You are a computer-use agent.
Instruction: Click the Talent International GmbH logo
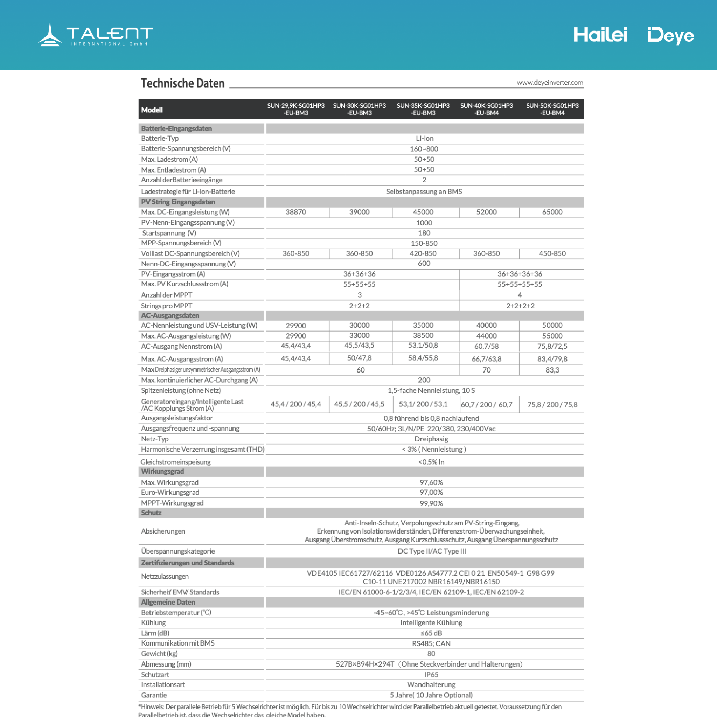(95, 35)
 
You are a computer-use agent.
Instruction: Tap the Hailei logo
(600, 35)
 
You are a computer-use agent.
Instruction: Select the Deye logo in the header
(670, 36)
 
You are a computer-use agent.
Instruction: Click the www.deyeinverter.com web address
(550, 82)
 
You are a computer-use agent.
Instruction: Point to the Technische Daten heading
(183, 83)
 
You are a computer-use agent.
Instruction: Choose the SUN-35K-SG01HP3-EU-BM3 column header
(423, 109)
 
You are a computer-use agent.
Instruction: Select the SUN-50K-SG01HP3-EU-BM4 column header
(552, 109)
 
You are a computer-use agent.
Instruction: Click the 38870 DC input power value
(296, 212)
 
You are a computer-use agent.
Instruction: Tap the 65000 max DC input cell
(552, 212)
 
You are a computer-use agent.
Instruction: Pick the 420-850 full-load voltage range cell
(423, 253)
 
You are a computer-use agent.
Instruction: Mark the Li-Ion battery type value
(425, 138)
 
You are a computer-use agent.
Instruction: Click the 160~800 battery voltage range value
(424, 149)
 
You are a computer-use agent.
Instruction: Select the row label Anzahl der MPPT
(167, 295)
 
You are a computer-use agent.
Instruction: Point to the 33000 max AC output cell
(359, 335)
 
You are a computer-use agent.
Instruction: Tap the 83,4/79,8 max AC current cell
(552, 359)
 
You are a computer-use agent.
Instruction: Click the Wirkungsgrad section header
(162, 471)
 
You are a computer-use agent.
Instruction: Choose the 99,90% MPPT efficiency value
(431, 503)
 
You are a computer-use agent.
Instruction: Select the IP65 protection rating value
(431, 674)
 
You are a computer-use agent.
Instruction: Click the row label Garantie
(154, 695)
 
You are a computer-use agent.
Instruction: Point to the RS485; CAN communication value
(431, 643)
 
